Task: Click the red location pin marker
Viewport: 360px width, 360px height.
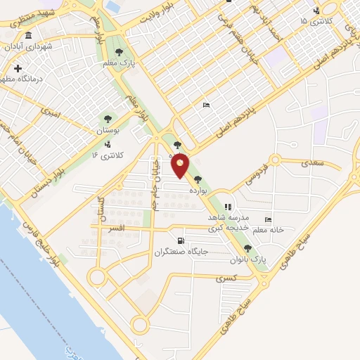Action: click(x=181, y=167)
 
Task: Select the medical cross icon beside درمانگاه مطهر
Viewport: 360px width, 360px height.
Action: click(x=18, y=69)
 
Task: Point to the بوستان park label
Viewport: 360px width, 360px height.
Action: click(x=107, y=130)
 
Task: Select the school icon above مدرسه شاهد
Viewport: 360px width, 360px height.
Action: click(x=227, y=207)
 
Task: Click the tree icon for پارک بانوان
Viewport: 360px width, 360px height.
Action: click(x=247, y=248)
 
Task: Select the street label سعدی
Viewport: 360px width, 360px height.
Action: click(x=314, y=163)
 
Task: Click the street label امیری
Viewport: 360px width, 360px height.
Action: click(x=51, y=111)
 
